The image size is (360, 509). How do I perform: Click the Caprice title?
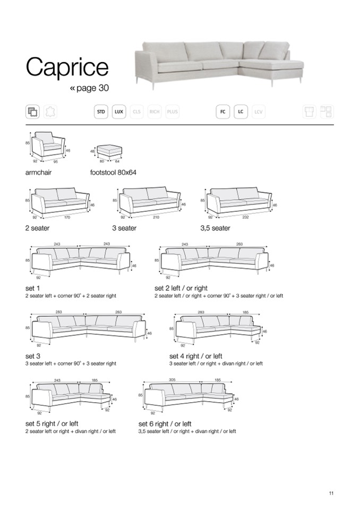[x=67, y=68]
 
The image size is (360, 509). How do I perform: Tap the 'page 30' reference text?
[x=90, y=88]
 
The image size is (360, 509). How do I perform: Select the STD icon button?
[x=101, y=112]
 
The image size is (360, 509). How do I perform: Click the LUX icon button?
[x=119, y=112]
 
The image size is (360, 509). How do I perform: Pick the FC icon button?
[x=223, y=112]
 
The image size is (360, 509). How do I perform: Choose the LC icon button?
[x=241, y=112]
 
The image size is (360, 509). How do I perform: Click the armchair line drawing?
[x=48, y=145]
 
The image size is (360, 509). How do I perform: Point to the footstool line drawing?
[x=109, y=151]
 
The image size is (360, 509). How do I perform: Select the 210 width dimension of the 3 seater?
[x=155, y=217]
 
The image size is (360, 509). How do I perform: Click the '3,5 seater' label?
[x=215, y=228]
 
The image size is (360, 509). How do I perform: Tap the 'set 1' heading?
[x=32, y=288]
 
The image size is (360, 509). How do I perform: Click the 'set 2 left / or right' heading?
[x=181, y=288]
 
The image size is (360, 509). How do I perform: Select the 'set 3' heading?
[x=33, y=356]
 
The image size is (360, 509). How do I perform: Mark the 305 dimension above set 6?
[x=172, y=380]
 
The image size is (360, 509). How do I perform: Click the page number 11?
[x=331, y=494]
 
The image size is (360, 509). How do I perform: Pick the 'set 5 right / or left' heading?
[x=52, y=424]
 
